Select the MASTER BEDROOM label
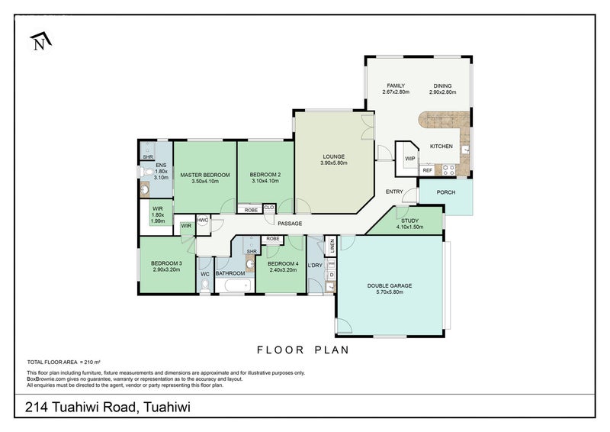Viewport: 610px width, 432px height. tap(204, 175)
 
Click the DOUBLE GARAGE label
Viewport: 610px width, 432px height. tap(389, 285)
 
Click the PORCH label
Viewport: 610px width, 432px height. tap(445, 192)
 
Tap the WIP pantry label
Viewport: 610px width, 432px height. tap(409, 159)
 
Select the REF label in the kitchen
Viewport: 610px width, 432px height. tap(427, 170)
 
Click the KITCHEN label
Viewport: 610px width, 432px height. tap(441, 146)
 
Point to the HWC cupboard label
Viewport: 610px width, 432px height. tap(203, 221)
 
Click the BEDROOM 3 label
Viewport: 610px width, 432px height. tap(165, 263)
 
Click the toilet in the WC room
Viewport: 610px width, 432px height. tap(204, 286)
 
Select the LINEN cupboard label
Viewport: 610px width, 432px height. tap(332, 246)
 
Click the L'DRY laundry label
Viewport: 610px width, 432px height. tap(315, 265)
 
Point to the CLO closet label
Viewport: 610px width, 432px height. tap(269, 207)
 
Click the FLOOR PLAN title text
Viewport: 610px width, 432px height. tap(303, 350)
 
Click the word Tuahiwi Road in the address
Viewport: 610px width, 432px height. tap(95, 407)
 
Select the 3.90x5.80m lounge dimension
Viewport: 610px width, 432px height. tap(333, 163)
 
